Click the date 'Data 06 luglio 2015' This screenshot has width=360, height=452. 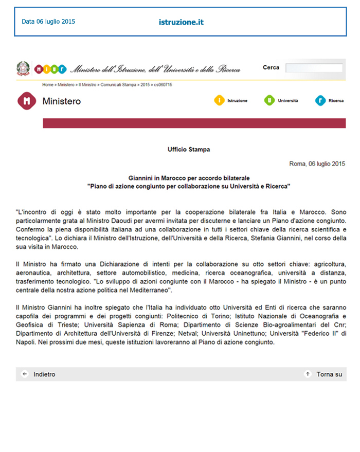[x=48, y=22]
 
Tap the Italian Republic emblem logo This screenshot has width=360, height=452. [x=23, y=68]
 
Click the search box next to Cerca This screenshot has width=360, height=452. [x=314, y=68]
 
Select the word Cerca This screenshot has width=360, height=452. [x=271, y=67]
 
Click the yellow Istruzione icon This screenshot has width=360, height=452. [x=219, y=101]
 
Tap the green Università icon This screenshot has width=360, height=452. [x=269, y=101]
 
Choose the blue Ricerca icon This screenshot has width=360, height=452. [x=320, y=101]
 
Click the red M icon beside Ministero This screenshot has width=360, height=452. [x=27, y=101]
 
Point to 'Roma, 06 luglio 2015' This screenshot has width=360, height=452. [x=317, y=164]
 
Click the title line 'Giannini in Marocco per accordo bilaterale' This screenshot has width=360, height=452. [x=189, y=178]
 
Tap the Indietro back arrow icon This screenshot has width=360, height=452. [x=24, y=374]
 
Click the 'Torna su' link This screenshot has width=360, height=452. [x=329, y=374]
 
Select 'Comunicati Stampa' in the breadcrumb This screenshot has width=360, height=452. [x=119, y=84]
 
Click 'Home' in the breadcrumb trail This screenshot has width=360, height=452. [x=47, y=84]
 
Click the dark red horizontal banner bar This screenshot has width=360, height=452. [x=194, y=123]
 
